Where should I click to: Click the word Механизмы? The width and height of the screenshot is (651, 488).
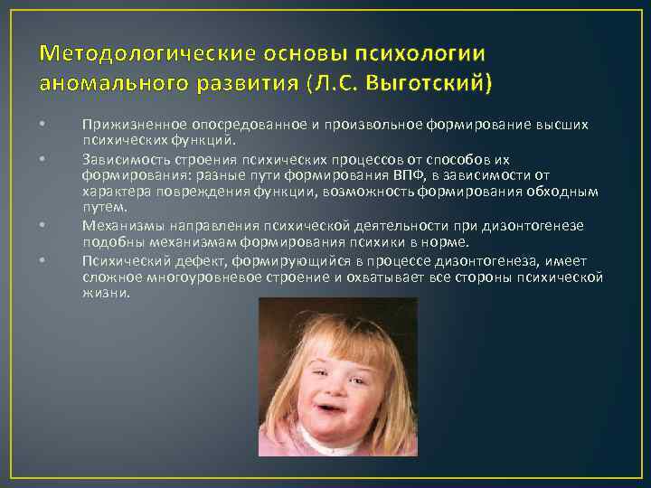tap(118, 225)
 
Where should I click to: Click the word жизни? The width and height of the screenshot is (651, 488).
tap(106, 294)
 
